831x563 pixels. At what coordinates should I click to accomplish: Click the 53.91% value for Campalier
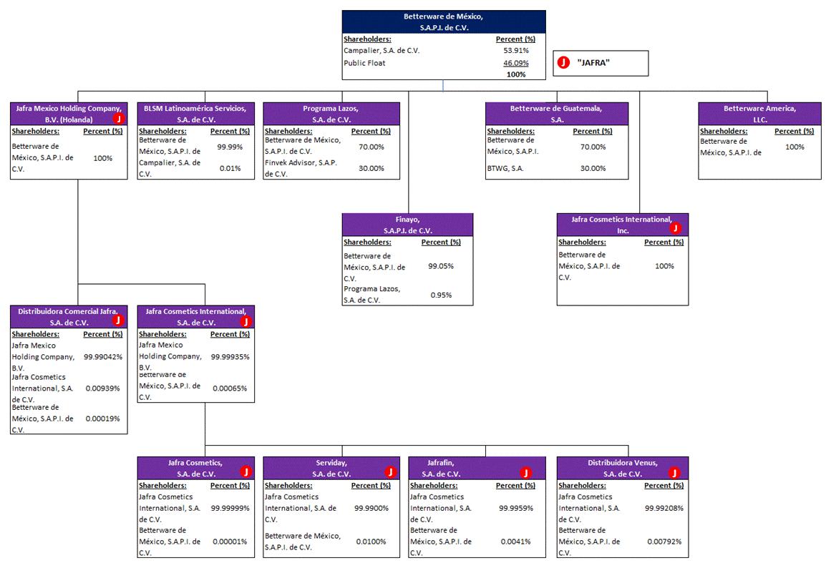(x=515, y=51)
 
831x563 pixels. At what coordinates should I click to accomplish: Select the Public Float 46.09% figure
(x=515, y=63)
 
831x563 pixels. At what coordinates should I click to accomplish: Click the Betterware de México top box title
(x=444, y=21)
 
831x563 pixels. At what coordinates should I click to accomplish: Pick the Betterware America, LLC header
(x=759, y=113)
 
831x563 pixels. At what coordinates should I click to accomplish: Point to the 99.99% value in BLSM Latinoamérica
(x=230, y=147)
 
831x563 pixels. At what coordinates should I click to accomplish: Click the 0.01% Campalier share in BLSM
(x=230, y=169)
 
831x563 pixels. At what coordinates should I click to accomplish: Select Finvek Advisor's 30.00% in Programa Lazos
(x=371, y=169)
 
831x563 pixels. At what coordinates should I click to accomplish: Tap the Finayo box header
(x=407, y=225)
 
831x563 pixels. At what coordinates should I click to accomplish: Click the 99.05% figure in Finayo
(x=440, y=266)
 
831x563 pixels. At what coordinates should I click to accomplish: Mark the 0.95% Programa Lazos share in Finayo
(x=441, y=295)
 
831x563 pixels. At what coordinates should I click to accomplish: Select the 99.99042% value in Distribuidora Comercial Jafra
(x=103, y=356)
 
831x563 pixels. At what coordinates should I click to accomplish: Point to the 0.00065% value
(x=230, y=388)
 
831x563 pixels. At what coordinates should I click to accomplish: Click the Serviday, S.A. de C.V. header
(x=331, y=468)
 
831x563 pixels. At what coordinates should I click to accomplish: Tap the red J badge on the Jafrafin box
(x=526, y=472)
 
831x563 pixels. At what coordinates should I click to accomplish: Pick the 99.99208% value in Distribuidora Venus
(x=664, y=508)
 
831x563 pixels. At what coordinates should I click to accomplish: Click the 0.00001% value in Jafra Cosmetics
(x=230, y=542)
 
